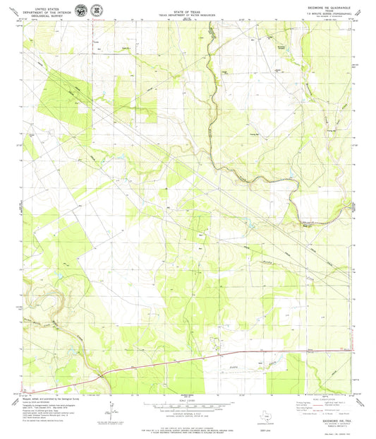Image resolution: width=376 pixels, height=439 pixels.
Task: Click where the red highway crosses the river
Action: click(104, 373)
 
